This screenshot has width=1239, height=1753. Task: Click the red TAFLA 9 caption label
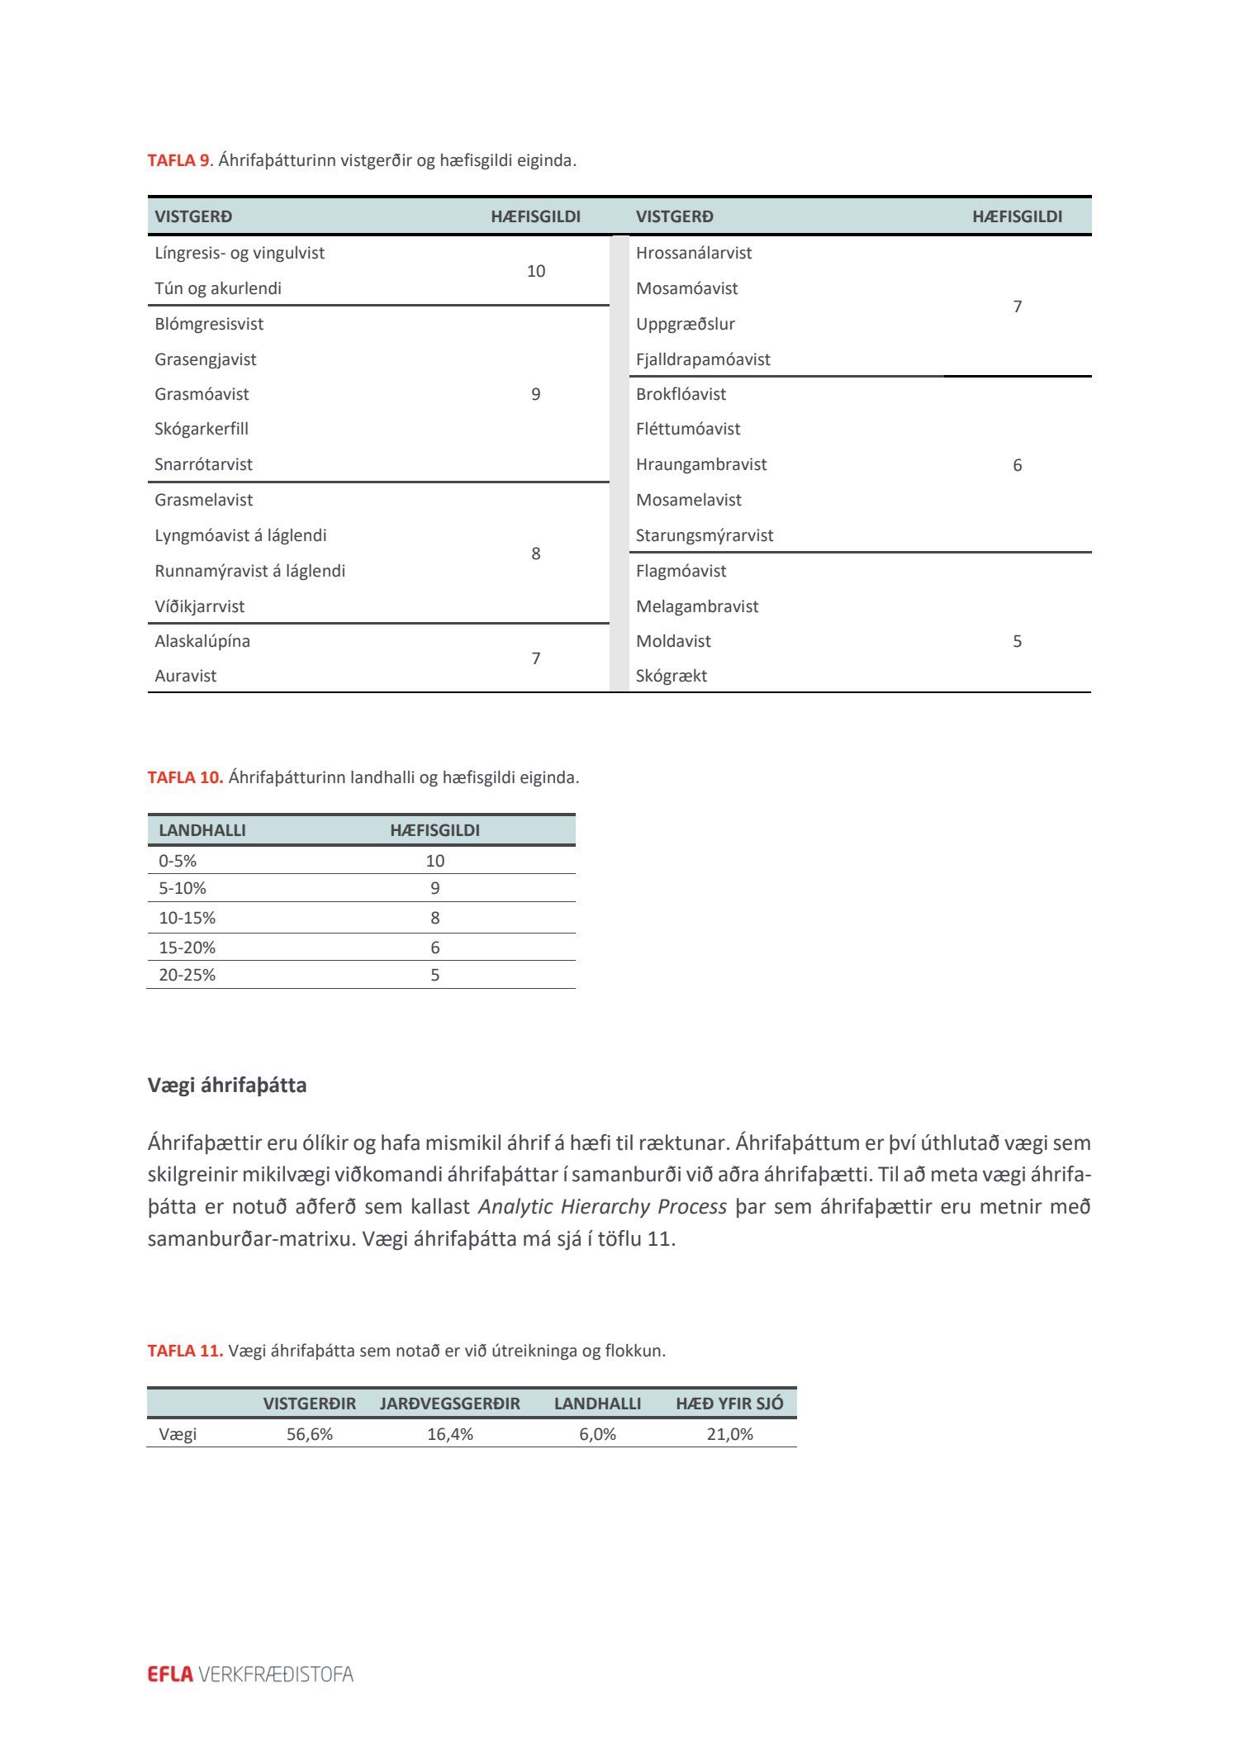point(178,160)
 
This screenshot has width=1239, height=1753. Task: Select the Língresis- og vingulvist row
point(240,253)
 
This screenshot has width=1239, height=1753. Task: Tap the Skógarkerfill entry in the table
point(202,429)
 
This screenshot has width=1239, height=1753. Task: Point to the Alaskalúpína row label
point(202,641)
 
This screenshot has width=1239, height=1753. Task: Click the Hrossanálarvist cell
point(694,253)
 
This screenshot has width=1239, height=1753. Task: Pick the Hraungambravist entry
point(701,464)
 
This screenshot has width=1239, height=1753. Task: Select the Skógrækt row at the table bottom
point(672,676)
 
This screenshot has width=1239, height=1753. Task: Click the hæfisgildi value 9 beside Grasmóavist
point(536,394)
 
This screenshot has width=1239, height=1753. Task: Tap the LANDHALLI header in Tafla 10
point(202,830)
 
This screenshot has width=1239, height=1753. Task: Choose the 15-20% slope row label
point(188,948)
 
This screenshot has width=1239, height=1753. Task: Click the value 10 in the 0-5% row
point(435,861)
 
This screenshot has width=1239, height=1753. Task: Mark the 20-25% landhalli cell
point(188,975)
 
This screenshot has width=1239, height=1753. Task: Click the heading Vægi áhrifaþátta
point(227,1085)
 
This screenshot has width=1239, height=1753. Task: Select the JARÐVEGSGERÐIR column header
point(450,1404)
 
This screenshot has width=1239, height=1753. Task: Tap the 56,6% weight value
point(310,1434)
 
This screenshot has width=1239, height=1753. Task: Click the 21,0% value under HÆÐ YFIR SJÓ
point(730,1434)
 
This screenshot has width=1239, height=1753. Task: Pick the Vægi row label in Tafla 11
point(178,1434)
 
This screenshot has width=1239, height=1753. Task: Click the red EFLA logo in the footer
point(170,1674)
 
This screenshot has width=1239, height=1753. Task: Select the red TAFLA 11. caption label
point(185,1351)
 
